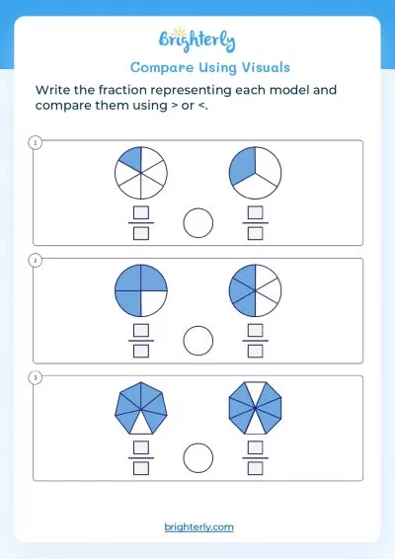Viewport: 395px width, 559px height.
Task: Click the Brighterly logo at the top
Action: (x=197, y=41)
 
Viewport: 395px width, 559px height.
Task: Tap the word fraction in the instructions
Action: (x=144, y=90)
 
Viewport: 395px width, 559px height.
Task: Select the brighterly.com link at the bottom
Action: (x=198, y=527)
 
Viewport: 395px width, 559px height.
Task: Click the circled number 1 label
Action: (x=37, y=144)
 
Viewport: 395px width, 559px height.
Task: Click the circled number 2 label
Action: (x=37, y=261)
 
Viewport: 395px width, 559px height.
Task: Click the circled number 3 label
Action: (x=37, y=377)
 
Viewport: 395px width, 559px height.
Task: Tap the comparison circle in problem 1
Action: (x=198, y=223)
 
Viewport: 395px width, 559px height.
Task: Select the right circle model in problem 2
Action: (x=254, y=290)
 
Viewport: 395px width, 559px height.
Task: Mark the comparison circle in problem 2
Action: (x=198, y=341)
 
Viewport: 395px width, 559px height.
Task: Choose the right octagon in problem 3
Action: (x=254, y=407)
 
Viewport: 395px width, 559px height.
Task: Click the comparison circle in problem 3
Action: (x=198, y=457)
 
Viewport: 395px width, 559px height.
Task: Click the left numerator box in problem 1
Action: (x=140, y=213)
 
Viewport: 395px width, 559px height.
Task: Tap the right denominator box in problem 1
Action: (x=256, y=234)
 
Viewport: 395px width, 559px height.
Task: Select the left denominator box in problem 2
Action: (x=140, y=351)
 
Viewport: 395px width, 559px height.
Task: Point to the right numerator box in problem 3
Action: (x=256, y=446)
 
